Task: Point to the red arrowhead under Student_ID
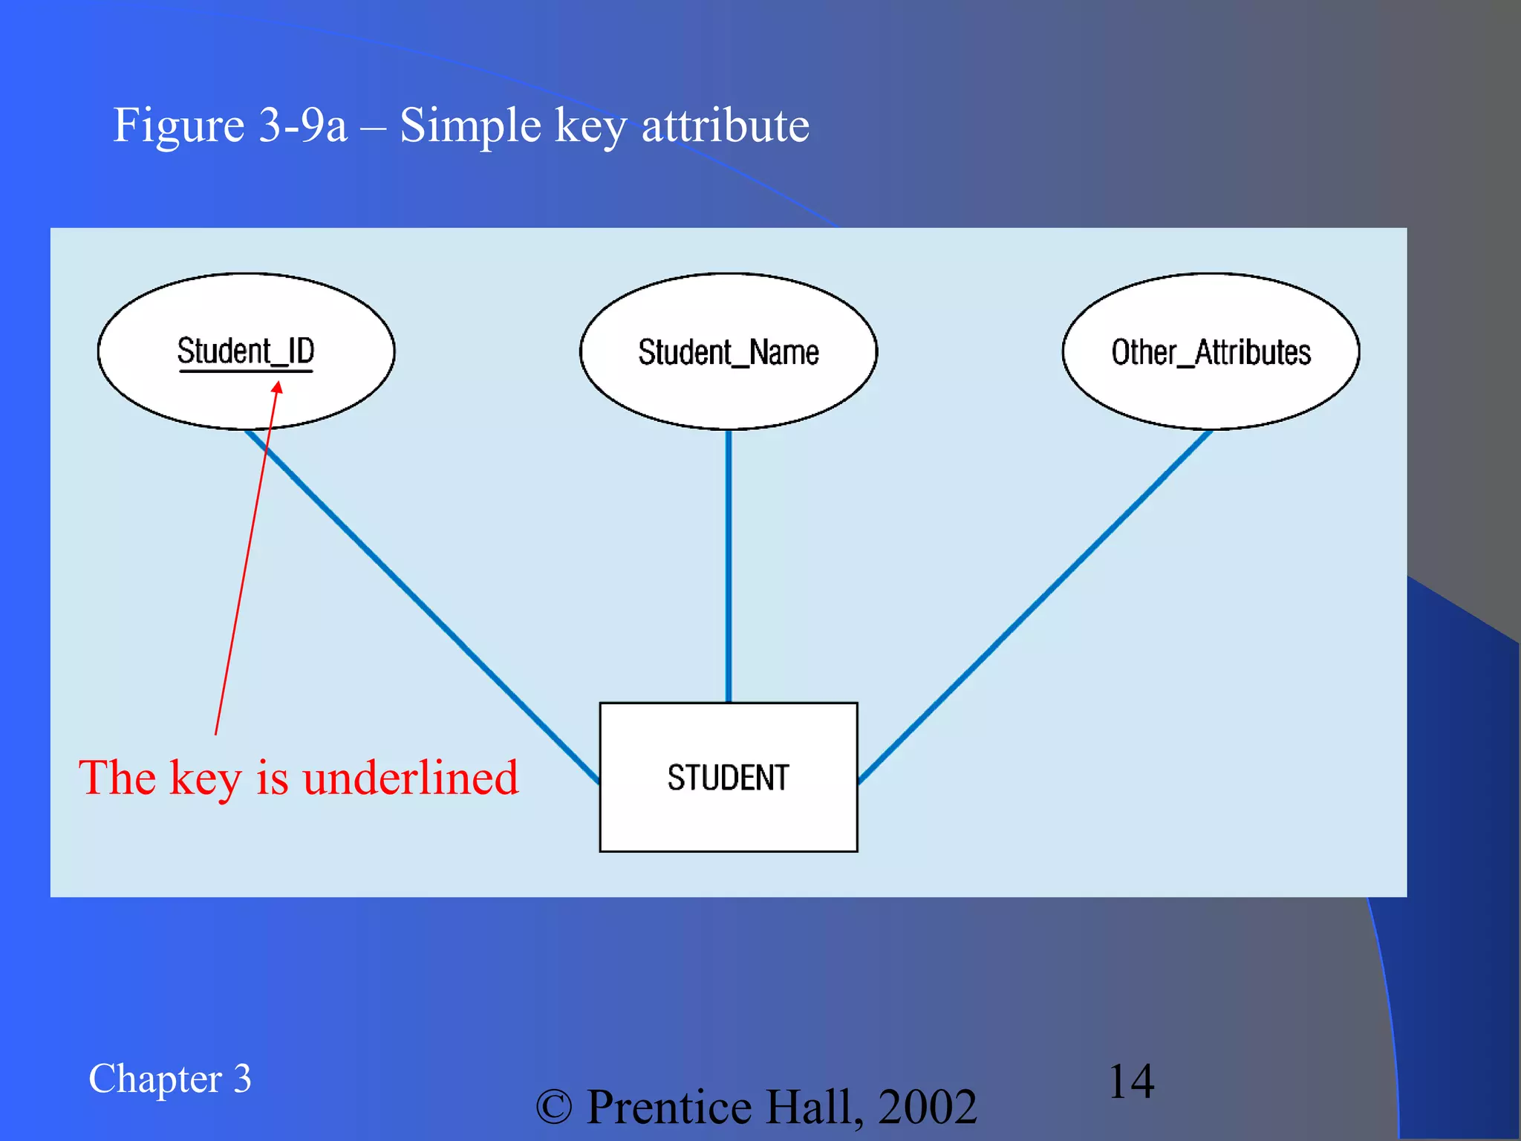point(277,387)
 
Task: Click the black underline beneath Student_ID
point(246,370)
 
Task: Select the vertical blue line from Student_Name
point(728,565)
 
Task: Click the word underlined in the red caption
point(410,778)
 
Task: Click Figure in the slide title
point(178,126)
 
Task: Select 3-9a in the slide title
point(303,126)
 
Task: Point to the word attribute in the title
point(725,126)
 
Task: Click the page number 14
point(1131,1081)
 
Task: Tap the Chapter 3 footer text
point(169,1079)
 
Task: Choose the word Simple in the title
point(470,126)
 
